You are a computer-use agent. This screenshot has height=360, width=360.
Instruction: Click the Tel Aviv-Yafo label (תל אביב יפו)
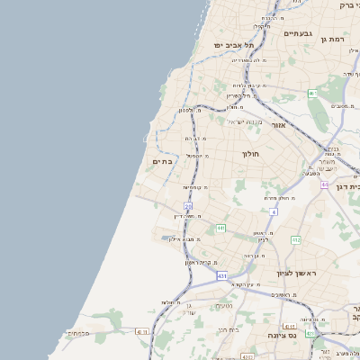pyautogui.click(x=234, y=44)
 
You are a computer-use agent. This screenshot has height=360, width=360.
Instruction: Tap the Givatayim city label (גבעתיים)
pyautogui.click(x=297, y=33)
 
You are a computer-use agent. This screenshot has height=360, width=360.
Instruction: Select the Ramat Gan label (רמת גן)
pyautogui.click(x=332, y=40)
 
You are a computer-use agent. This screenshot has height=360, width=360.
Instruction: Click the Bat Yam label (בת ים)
pyautogui.click(x=163, y=161)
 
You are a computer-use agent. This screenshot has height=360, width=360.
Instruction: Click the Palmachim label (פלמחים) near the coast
pyautogui.click(x=76, y=333)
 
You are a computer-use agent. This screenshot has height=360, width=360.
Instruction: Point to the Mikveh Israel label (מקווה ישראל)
pyautogui.click(x=245, y=121)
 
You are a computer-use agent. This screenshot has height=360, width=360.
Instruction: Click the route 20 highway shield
pyautogui.click(x=188, y=206)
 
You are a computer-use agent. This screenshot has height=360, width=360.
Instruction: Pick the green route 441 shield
pyautogui.click(x=220, y=229)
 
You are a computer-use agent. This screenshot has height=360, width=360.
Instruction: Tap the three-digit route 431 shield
pyautogui.click(x=221, y=276)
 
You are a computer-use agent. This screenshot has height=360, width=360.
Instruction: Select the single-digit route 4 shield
pyautogui.click(x=274, y=211)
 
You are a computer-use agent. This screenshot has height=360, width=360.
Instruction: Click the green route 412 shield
pyautogui.click(x=295, y=240)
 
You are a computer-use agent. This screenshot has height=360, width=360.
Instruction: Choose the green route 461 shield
pyautogui.click(x=312, y=94)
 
